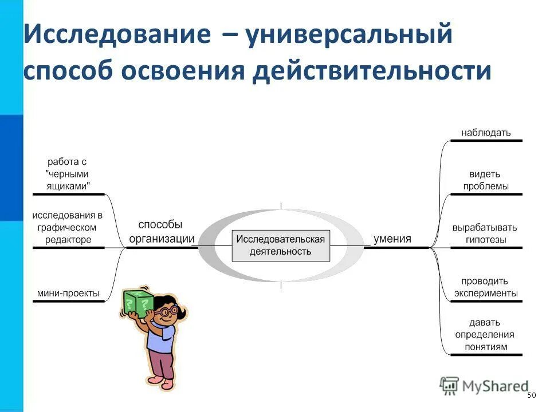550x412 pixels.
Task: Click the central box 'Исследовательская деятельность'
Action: (x=281, y=245)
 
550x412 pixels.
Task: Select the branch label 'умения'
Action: (x=392, y=239)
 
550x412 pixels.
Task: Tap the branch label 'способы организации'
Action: (x=161, y=232)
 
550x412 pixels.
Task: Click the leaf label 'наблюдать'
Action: (x=486, y=133)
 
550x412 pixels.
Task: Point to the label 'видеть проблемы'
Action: (x=486, y=180)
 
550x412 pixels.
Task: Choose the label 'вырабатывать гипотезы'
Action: (x=486, y=233)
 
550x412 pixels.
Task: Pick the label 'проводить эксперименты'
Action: (x=486, y=287)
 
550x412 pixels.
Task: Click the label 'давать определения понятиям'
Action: (x=484, y=334)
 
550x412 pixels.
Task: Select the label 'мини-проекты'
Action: (x=68, y=294)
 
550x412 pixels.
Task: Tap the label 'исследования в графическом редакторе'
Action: (x=68, y=227)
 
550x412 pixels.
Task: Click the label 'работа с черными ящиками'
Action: (x=68, y=174)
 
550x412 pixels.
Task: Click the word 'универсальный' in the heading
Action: (x=349, y=36)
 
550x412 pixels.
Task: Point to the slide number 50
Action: (x=531, y=396)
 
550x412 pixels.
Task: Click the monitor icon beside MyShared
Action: (x=450, y=386)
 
